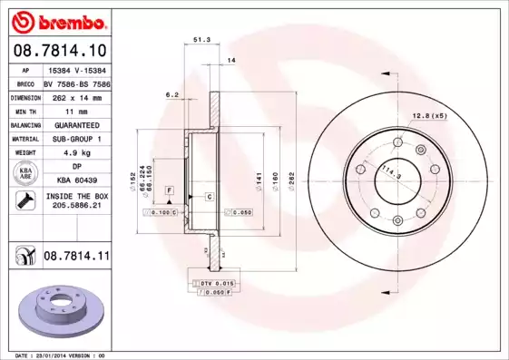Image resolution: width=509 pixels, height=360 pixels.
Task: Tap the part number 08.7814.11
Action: (76, 258)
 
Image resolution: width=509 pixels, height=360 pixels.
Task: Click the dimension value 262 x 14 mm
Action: (75, 95)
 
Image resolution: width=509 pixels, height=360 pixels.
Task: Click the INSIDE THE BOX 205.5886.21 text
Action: (75, 201)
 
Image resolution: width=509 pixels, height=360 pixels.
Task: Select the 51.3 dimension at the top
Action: (201, 40)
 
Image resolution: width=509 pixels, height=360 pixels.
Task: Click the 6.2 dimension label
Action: (171, 93)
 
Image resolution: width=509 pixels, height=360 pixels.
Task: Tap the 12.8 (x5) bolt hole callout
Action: (430, 116)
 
